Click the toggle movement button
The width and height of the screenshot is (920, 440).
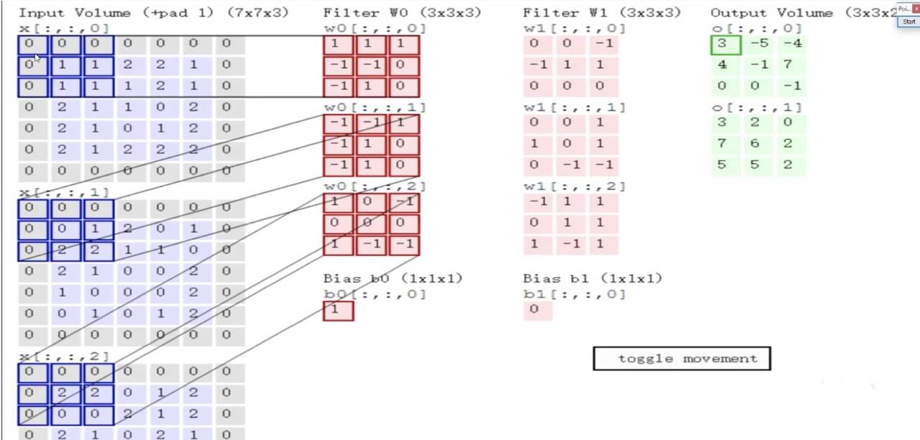pyautogui.click(x=681, y=359)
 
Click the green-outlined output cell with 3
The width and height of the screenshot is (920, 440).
pyautogui.click(x=725, y=45)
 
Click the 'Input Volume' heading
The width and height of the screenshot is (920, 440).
pyautogui.click(x=75, y=13)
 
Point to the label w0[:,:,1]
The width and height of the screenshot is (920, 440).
pyautogui.click(x=374, y=107)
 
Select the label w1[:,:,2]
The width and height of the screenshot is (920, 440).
pyautogui.click(x=574, y=186)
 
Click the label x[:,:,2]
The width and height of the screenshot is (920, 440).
pyautogui.click(x=64, y=356)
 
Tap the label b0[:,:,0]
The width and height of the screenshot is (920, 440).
pyautogui.click(x=374, y=294)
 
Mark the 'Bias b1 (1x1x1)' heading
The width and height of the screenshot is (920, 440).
pyautogui.click(x=592, y=278)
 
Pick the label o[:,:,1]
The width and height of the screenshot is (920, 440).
pyautogui.click(x=756, y=107)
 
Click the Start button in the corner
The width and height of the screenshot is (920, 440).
pyautogui.click(x=908, y=22)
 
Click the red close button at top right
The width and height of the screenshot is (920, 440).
pyautogui.click(x=916, y=9)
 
